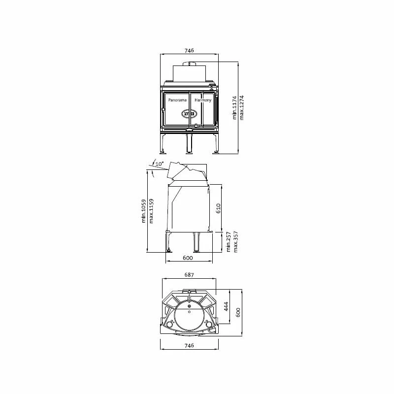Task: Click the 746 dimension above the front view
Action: pyautogui.click(x=189, y=51)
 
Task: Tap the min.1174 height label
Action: pyautogui.click(x=234, y=108)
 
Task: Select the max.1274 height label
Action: pyautogui.click(x=241, y=108)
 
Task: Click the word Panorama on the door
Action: pyautogui.click(x=177, y=100)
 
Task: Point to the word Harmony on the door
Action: pyautogui.click(x=203, y=100)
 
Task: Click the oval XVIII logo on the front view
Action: pyautogui.click(x=189, y=113)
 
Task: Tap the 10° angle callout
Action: pyautogui.click(x=159, y=164)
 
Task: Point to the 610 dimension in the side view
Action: pyautogui.click(x=218, y=208)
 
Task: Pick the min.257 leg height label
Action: pyautogui.click(x=229, y=242)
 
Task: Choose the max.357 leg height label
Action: pyautogui.click(x=236, y=242)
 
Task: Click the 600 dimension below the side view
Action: pyautogui.click(x=188, y=258)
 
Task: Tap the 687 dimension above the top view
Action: pyautogui.click(x=189, y=275)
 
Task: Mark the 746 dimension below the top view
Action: pyautogui.click(x=189, y=346)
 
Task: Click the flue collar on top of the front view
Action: pyautogui.click(x=189, y=65)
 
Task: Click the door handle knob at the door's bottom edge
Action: pyautogui.click(x=196, y=126)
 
